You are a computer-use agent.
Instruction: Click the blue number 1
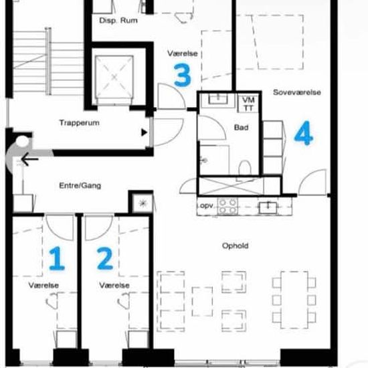click(x=57, y=258)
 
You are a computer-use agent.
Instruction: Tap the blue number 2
click(x=105, y=259)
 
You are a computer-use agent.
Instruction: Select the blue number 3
click(x=183, y=75)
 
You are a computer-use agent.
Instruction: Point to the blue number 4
click(x=304, y=133)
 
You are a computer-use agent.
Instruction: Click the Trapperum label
click(x=80, y=122)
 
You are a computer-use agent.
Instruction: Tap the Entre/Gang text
click(x=80, y=185)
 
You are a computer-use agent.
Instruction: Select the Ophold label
click(x=235, y=246)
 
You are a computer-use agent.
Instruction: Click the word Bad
click(x=241, y=127)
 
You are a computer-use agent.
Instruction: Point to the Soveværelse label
click(x=297, y=92)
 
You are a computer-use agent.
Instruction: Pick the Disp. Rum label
click(x=118, y=21)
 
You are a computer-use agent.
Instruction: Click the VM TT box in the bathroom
click(x=248, y=104)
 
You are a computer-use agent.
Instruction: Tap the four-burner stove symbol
click(x=227, y=206)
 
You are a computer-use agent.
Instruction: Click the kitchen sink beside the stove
click(x=268, y=207)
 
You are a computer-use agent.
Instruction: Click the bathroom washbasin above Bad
click(x=218, y=98)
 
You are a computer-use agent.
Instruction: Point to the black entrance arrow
click(x=30, y=159)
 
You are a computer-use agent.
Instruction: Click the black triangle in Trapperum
click(x=144, y=132)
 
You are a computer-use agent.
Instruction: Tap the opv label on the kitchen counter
click(x=207, y=205)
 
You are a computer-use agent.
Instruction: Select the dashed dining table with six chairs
click(x=294, y=300)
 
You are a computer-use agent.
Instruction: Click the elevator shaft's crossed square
click(x=114, y=77)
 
